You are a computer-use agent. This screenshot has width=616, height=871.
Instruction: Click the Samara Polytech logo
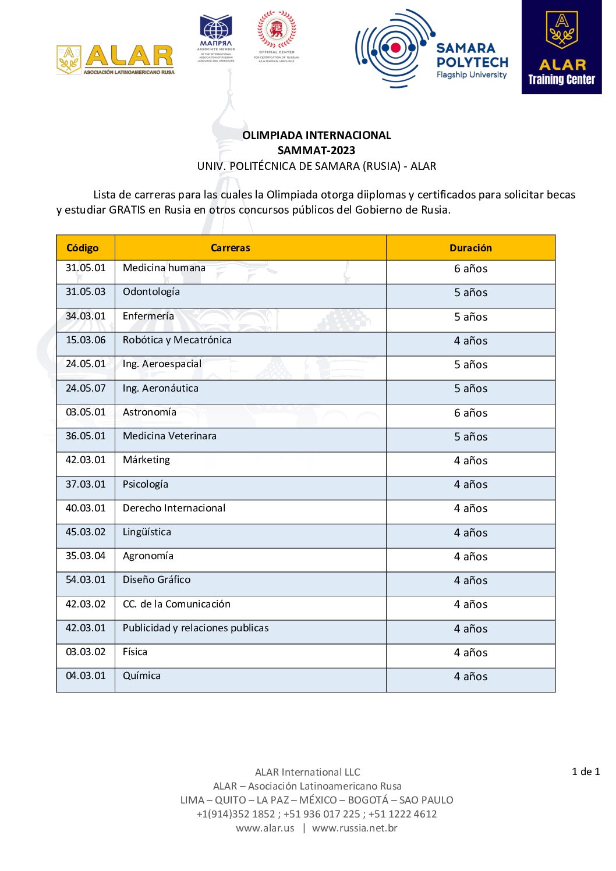[431, 49]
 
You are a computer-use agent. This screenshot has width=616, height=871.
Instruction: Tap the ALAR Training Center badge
[561, 47]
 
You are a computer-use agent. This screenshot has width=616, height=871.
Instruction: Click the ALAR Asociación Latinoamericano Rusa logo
[116, 59]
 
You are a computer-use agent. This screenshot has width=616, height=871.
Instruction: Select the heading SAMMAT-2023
[316, 150]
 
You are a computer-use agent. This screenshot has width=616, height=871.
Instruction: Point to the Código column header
[83, 248]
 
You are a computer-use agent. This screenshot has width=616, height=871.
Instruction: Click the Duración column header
[470, 248]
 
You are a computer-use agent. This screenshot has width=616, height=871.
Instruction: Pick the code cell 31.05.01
[86, 268]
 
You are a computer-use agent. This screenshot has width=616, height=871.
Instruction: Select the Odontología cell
[151, 291]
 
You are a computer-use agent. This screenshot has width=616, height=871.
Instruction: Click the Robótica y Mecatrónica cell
[177, 340]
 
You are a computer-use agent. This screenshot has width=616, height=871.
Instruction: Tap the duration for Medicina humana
[470, 269]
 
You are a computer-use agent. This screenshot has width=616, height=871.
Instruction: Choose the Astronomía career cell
[150, 412]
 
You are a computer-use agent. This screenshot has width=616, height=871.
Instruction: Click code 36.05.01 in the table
[86, 436]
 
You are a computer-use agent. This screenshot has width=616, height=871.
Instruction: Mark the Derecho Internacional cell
[174, 508]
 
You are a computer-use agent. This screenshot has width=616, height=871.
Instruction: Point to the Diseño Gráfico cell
[157, 580]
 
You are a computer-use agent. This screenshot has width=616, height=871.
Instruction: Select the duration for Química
[470, 677]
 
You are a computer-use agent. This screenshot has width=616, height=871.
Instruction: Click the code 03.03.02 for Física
[86, 652]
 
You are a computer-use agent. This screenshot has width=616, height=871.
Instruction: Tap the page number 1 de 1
[585, 772]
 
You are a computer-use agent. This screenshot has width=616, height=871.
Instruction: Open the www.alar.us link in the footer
[265, 828]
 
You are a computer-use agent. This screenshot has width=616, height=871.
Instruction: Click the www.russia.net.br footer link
[355, 828]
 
